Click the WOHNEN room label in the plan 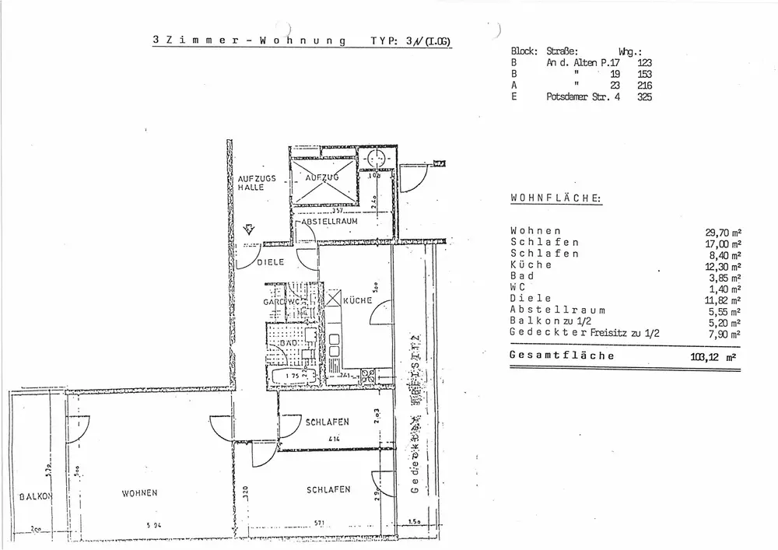(140, 493)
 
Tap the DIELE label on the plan (272, 262)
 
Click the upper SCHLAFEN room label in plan (328, 422)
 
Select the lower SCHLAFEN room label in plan (328, 490)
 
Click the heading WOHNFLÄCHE (555, 198)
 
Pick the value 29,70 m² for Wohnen (722, 231)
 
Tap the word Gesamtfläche (562, 356)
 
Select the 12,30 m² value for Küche (722, 264)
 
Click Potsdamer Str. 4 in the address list (583, 97)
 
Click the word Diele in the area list (531, 298)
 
